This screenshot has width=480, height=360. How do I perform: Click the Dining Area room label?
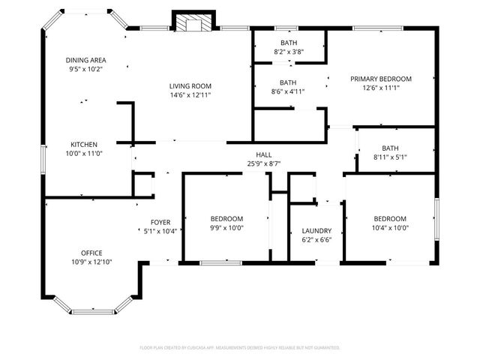click(85, 60)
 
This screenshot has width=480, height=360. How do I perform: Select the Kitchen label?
click(84, 145)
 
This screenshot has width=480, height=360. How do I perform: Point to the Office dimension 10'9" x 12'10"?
click(91, 262)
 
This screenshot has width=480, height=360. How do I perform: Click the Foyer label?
click(160, 222)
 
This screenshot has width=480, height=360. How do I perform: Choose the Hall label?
click(263, 154)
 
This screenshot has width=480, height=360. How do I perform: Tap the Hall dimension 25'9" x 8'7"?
click(263, 163)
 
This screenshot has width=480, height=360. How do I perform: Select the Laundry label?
click(316, 231)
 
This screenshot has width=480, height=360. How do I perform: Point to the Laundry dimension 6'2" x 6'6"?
click(316, 240)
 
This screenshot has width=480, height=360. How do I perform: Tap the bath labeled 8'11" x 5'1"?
click(390, 152)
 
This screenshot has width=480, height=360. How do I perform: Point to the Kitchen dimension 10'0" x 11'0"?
click(84, 154)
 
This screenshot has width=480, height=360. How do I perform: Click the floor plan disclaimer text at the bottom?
click(240, 348)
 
